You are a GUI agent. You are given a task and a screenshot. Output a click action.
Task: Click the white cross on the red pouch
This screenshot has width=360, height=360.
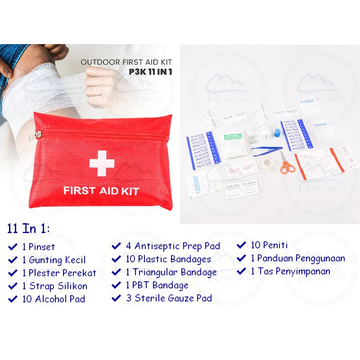pyautogui.click(x=102, y=163)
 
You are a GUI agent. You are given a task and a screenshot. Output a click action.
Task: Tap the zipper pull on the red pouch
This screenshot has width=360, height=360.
pyautogui.click(x=38, y=135)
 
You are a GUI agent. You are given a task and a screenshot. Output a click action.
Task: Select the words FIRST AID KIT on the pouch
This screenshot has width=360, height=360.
pyautogui.click(x=101, y=190)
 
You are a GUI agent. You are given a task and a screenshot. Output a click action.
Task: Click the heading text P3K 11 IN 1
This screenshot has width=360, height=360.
pyautogui.click(x=150, y=71)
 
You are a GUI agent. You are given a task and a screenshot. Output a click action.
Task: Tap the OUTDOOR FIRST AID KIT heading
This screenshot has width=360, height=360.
pyautogui.click(x=126, y=63)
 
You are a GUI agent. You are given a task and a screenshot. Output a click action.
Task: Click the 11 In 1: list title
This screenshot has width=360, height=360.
pyautogui.click(x=29, y=229)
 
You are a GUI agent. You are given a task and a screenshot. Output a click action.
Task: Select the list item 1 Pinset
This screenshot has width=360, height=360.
pyautogui.click(x=38, y=247)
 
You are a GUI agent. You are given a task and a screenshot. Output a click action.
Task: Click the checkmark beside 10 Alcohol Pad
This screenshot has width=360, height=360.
pyautogui.click(x=13, y=299)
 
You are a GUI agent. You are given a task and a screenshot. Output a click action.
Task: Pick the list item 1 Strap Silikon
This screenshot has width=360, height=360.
pyautogui.click(x=54, y=286)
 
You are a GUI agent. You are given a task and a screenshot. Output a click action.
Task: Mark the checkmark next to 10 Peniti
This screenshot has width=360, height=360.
pyautogui.click(x=242, y=246)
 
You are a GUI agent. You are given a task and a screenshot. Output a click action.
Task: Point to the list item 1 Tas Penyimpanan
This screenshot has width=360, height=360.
pyautogui.click(x=290, y=271)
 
